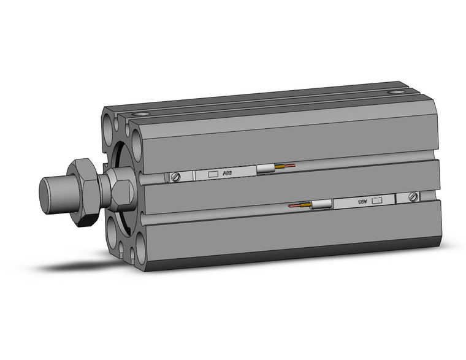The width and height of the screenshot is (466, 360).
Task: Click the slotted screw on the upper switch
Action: tap(177, 177)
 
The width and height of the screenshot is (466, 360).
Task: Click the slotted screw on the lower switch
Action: tap(413, 197)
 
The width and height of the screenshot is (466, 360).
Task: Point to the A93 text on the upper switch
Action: tap(227, 174)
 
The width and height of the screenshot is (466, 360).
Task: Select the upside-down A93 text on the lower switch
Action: tap(362, 201)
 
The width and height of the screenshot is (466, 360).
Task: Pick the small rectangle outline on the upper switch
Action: tap(212, 175)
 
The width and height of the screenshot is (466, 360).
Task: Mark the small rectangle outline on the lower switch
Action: tap(378, 199)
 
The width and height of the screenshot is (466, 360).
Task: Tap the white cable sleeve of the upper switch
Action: tap(266, 170)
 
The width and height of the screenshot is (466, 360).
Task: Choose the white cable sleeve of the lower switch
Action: tap(321, 205)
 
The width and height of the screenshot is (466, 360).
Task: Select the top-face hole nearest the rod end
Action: tap(144, 114)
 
